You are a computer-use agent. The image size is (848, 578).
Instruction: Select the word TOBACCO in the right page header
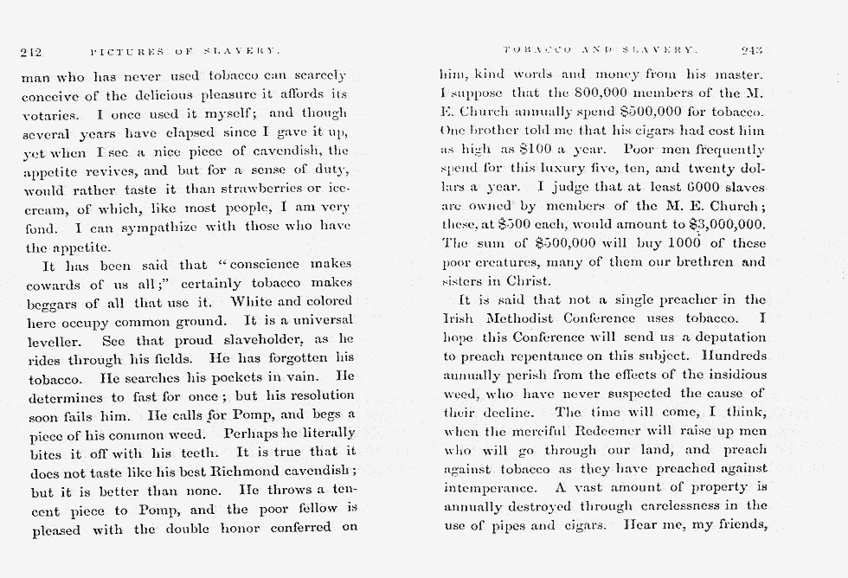coord(536,51)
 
